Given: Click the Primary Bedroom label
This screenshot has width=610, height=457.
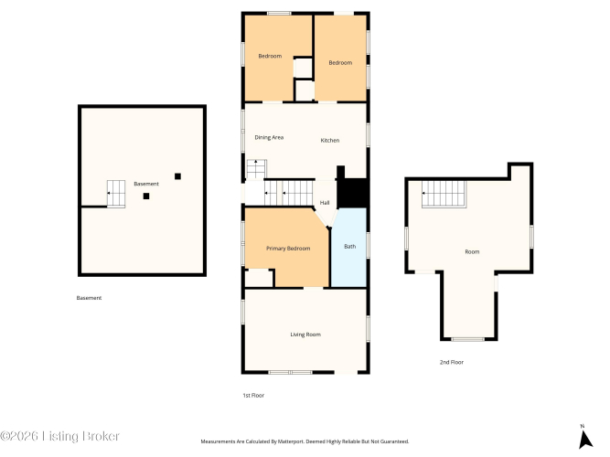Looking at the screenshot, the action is [288, 249].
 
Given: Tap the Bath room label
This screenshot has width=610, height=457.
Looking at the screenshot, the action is [349, 246].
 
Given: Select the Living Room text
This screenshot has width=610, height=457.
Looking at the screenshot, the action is [305, 335].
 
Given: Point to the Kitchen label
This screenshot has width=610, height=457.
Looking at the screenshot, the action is [330, 141].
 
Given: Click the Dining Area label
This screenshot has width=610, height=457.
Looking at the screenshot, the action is [269, 137].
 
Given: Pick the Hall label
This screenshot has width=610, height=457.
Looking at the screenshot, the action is [325, 203].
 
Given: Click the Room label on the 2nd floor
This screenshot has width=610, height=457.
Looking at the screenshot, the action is [472, 251].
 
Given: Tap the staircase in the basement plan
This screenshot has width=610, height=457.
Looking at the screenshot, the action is [116, 194].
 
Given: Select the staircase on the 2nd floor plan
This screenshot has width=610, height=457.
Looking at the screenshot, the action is [444, 194].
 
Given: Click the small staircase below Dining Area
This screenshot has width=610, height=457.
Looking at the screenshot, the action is [256, 169].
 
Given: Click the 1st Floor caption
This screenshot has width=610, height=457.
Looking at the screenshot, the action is [253, 396].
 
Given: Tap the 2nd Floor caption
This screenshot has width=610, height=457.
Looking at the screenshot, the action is [452, 362].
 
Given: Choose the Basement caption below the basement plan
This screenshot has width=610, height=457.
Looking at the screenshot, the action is [89, 298].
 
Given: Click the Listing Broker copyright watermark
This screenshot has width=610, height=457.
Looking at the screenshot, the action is [59, 436].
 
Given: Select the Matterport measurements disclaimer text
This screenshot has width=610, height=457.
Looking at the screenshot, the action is [305, 441].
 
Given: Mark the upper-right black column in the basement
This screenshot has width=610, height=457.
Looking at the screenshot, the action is [177, 176].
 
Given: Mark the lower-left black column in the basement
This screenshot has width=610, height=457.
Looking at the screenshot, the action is [146, 196].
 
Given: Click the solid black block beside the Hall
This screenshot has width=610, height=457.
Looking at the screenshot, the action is [352, 193].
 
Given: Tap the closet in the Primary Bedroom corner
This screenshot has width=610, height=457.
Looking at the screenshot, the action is [259, 278].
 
